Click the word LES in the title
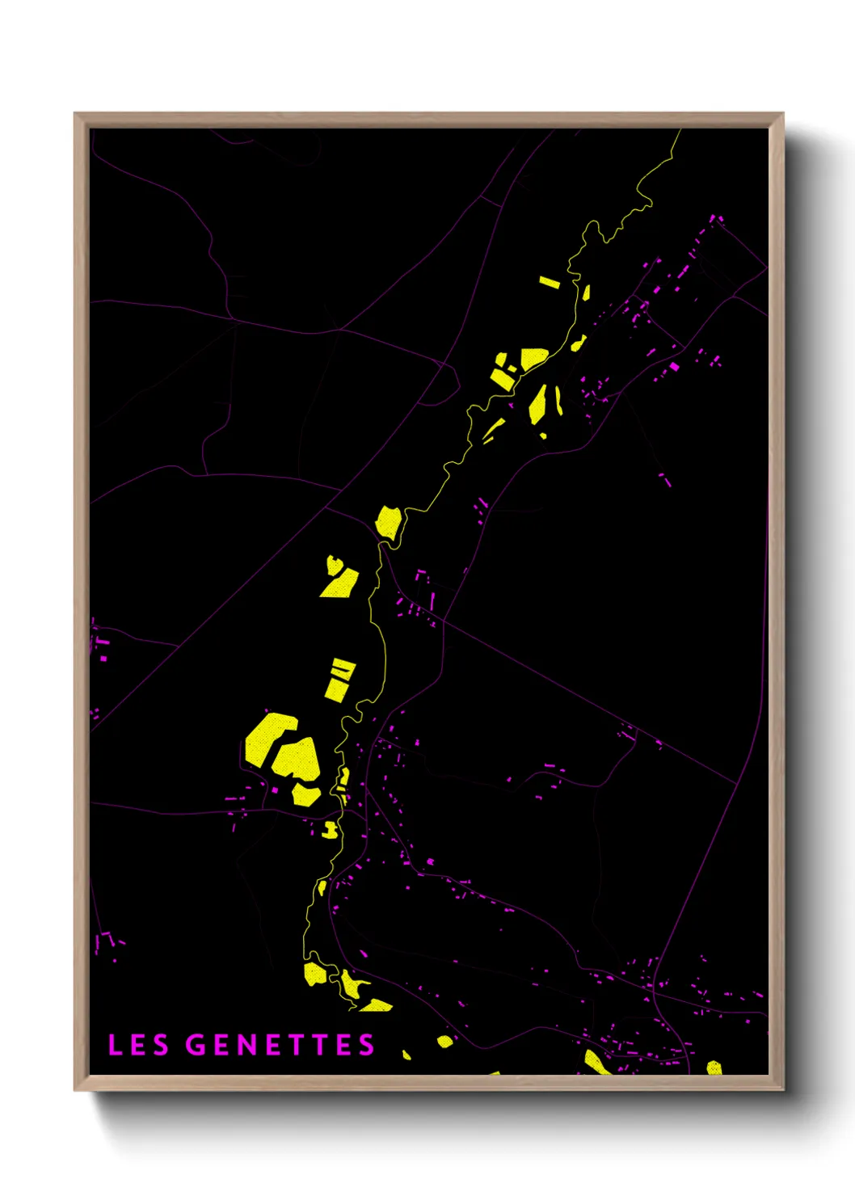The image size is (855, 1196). coord(138,1045)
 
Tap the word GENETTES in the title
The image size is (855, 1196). coord(280,1045)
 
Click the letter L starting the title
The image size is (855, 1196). coord(115,1045)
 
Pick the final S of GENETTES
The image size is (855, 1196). coord(367,1045)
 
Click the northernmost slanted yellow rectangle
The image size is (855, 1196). coord(550,282)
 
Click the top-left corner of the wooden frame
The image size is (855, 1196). coord(76,115)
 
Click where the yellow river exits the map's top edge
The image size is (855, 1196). coord(680,130)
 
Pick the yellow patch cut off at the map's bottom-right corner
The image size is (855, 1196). coord(714,1068)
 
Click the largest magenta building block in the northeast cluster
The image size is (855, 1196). coord(675,367)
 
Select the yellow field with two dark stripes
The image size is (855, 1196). coord(339,679)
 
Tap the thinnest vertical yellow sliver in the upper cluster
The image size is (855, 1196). coord(558,400)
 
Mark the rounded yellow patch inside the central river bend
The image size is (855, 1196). coord(388,522)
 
